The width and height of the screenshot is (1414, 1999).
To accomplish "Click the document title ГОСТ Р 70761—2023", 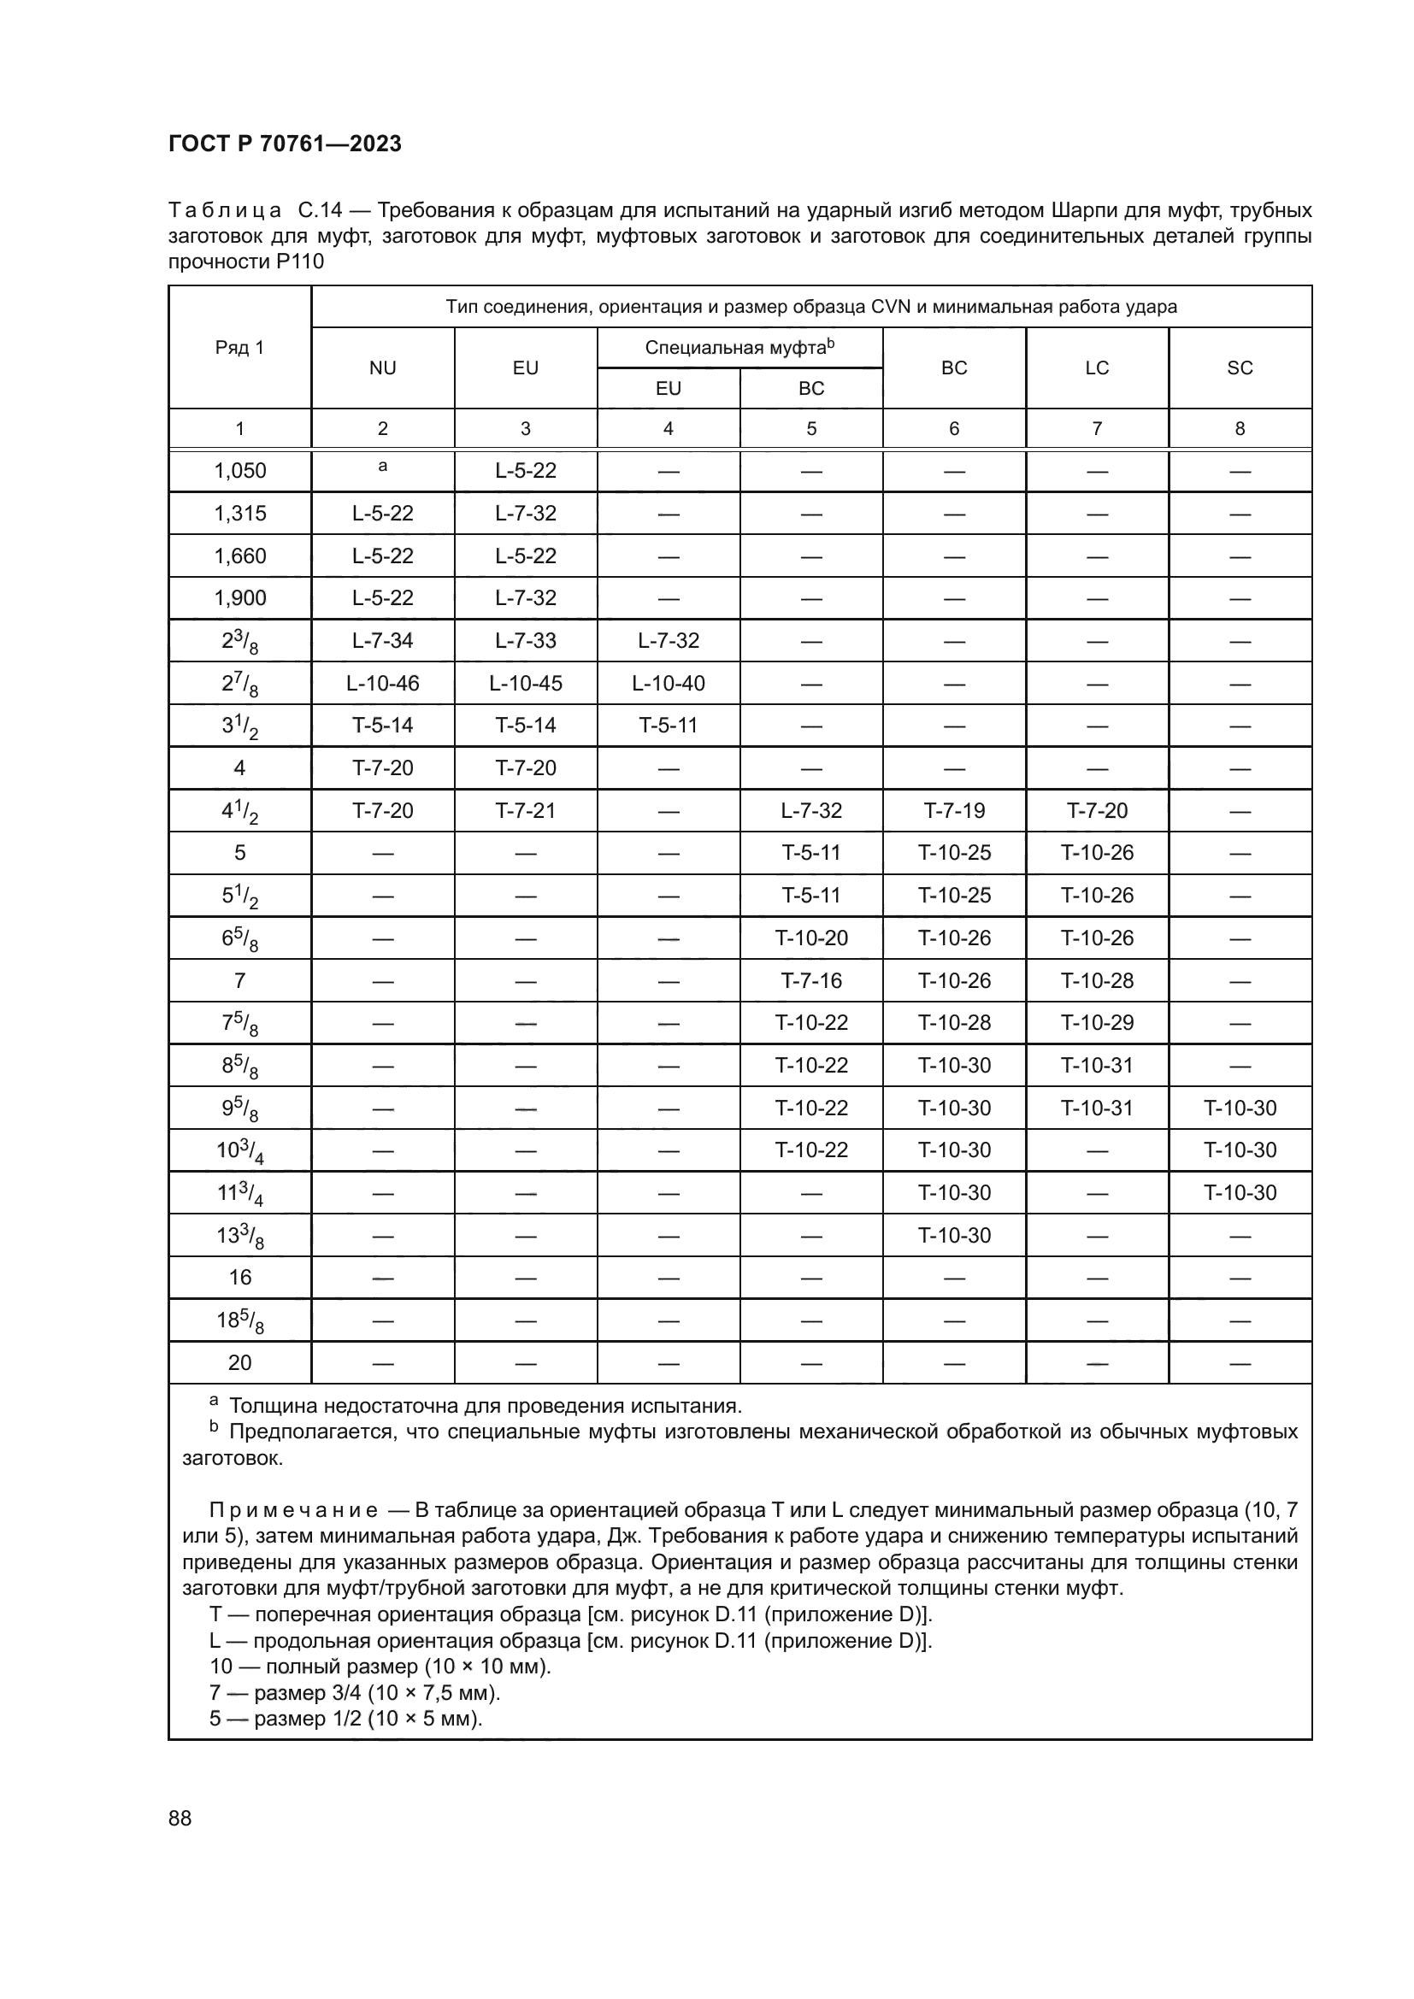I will (285, 144).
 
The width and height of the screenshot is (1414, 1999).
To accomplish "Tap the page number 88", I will (180, 1818).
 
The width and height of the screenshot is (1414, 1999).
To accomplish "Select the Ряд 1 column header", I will (239, 347).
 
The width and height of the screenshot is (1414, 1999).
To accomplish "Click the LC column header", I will (1097, 367).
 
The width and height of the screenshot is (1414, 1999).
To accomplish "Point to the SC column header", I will (1240, 367).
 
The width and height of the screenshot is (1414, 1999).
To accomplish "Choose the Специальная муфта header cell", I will (739, 347).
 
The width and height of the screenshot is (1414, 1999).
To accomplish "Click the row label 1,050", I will (240, 471).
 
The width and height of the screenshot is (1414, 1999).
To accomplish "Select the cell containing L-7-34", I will (382, 641).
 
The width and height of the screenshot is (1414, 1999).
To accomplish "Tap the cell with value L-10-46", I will (382, 684).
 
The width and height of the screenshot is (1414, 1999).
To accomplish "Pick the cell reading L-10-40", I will (668, 684).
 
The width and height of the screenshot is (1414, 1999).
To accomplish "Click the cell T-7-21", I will (525, 810).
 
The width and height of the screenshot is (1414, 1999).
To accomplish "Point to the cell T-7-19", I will (954, 810).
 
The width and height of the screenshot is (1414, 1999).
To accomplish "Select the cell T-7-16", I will (810, 980).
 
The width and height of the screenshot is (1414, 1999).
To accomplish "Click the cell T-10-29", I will (1097, 1022).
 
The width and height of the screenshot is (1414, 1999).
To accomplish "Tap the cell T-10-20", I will (810, 938).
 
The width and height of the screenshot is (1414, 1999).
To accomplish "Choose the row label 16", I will (239, 1277).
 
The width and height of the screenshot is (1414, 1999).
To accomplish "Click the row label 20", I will (239, 1362).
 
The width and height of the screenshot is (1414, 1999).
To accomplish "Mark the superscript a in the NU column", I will (382, 467).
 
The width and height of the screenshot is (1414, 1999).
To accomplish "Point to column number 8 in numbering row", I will (1240, 428).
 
